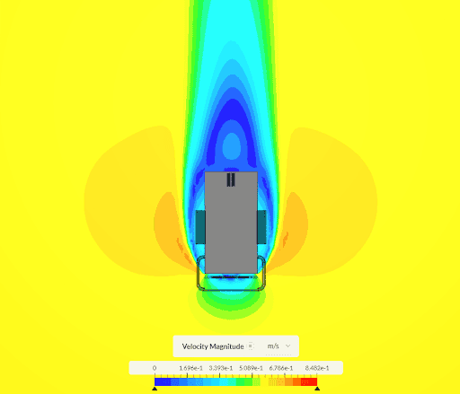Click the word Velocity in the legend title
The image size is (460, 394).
click(195, 346)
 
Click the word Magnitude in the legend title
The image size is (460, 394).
click(226, 346)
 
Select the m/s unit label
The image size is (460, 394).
click(273, 346)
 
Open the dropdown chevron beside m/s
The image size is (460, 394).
click(287, 346)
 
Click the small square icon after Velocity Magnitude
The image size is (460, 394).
click(251, 346)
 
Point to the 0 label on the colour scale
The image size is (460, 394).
click(155, 368)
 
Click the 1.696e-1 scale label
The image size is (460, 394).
click(190, 368)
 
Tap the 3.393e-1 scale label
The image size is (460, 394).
click(221, 368)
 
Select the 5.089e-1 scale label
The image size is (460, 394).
click(251, 368)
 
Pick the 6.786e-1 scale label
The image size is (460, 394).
click(281, 368)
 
